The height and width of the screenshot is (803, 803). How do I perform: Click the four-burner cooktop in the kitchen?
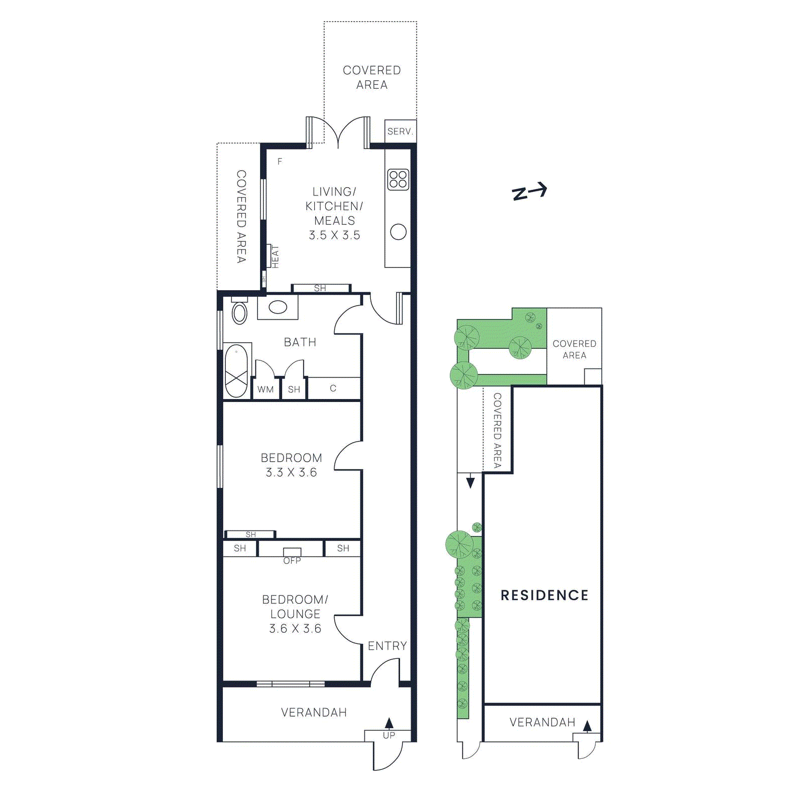(398, 179)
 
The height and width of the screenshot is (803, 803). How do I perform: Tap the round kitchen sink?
(398, 232)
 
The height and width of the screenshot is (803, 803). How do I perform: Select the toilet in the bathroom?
(239, 312)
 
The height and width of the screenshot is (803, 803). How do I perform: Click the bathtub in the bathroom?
(236, 371)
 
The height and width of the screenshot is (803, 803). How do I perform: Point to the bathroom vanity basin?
(278, 307)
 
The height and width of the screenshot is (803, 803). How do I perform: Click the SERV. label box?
(400, 131)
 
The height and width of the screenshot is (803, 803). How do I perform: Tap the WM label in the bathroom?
(265, 389)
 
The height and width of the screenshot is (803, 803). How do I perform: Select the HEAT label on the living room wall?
(275, 256)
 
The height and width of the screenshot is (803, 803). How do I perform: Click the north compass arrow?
(529, 191)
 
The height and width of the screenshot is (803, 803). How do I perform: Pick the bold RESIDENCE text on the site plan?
(544, 595)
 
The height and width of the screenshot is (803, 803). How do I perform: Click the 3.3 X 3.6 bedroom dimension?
(291, 472)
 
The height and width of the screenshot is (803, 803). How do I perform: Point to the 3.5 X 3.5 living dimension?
(334, 235)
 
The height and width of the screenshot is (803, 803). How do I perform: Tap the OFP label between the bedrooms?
(292, 561)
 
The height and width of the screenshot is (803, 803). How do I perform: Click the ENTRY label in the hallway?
(387, 646)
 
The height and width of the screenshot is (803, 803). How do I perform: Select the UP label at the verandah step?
(389, 735)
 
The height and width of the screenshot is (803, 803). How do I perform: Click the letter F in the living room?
(280, 161)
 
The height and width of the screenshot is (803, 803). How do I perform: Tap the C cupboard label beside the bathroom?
(333, 388)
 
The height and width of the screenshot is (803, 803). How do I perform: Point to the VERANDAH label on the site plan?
(542, 722)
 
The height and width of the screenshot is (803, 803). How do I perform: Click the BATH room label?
(300, 342)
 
